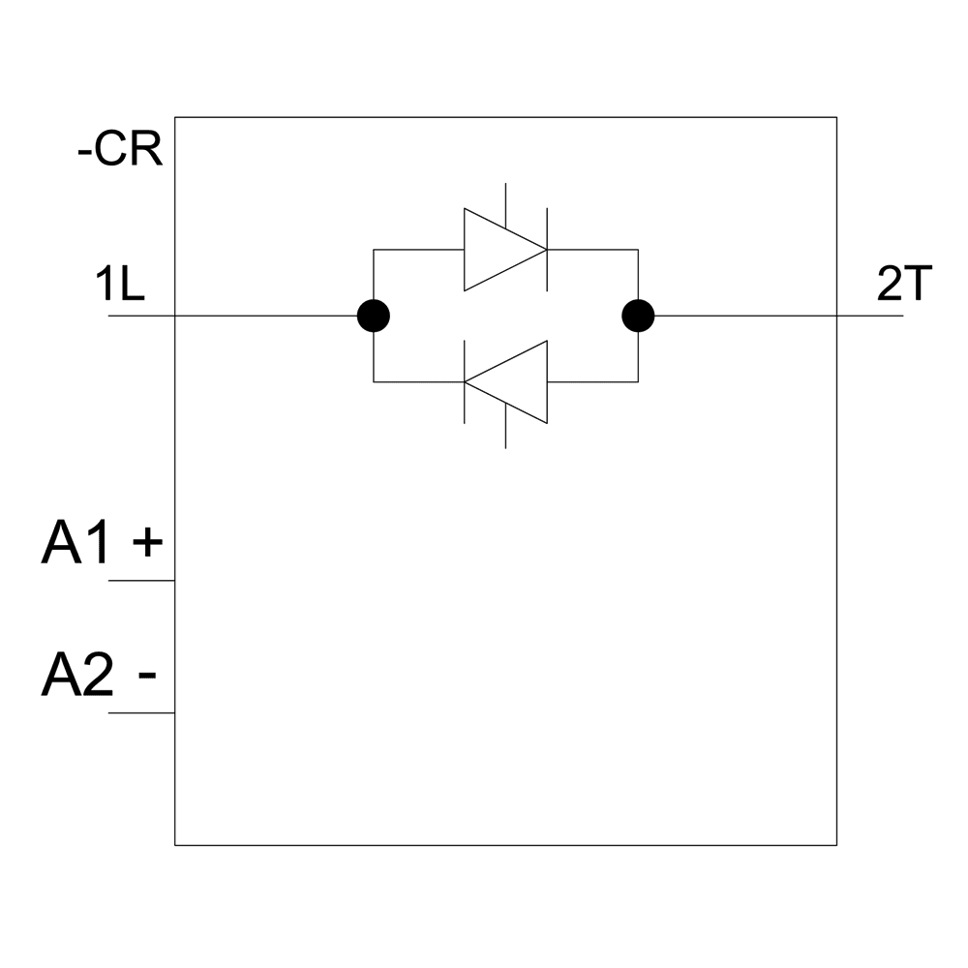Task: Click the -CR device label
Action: click(x=120, y=152)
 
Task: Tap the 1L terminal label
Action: click(x=120, y=287)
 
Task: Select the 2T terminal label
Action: click(x=903, y=287)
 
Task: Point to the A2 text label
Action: click(x=76, y=675)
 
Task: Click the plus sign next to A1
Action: click(x=146, y=544)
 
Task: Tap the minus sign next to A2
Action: click(x=147, y=674)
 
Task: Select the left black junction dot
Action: click(x=374, y=316)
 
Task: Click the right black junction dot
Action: click(x=638, y=316)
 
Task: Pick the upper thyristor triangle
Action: click(x=499, y=250)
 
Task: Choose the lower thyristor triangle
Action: click(x=513, y=381)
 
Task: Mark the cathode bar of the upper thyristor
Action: click(x=548, y=249)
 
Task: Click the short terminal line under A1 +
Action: click(x=141, y=581)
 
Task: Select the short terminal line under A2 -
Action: click(x=141, y=713)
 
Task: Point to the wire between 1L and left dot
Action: click(x=261, y=316)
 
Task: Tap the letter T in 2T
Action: click(x=917, y=287)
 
